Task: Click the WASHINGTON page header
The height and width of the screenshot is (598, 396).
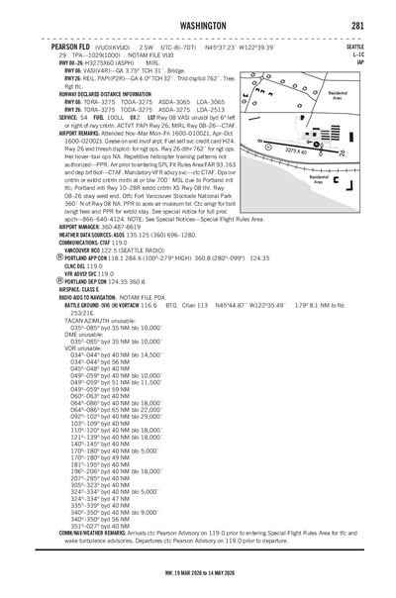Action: coord(198,26)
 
